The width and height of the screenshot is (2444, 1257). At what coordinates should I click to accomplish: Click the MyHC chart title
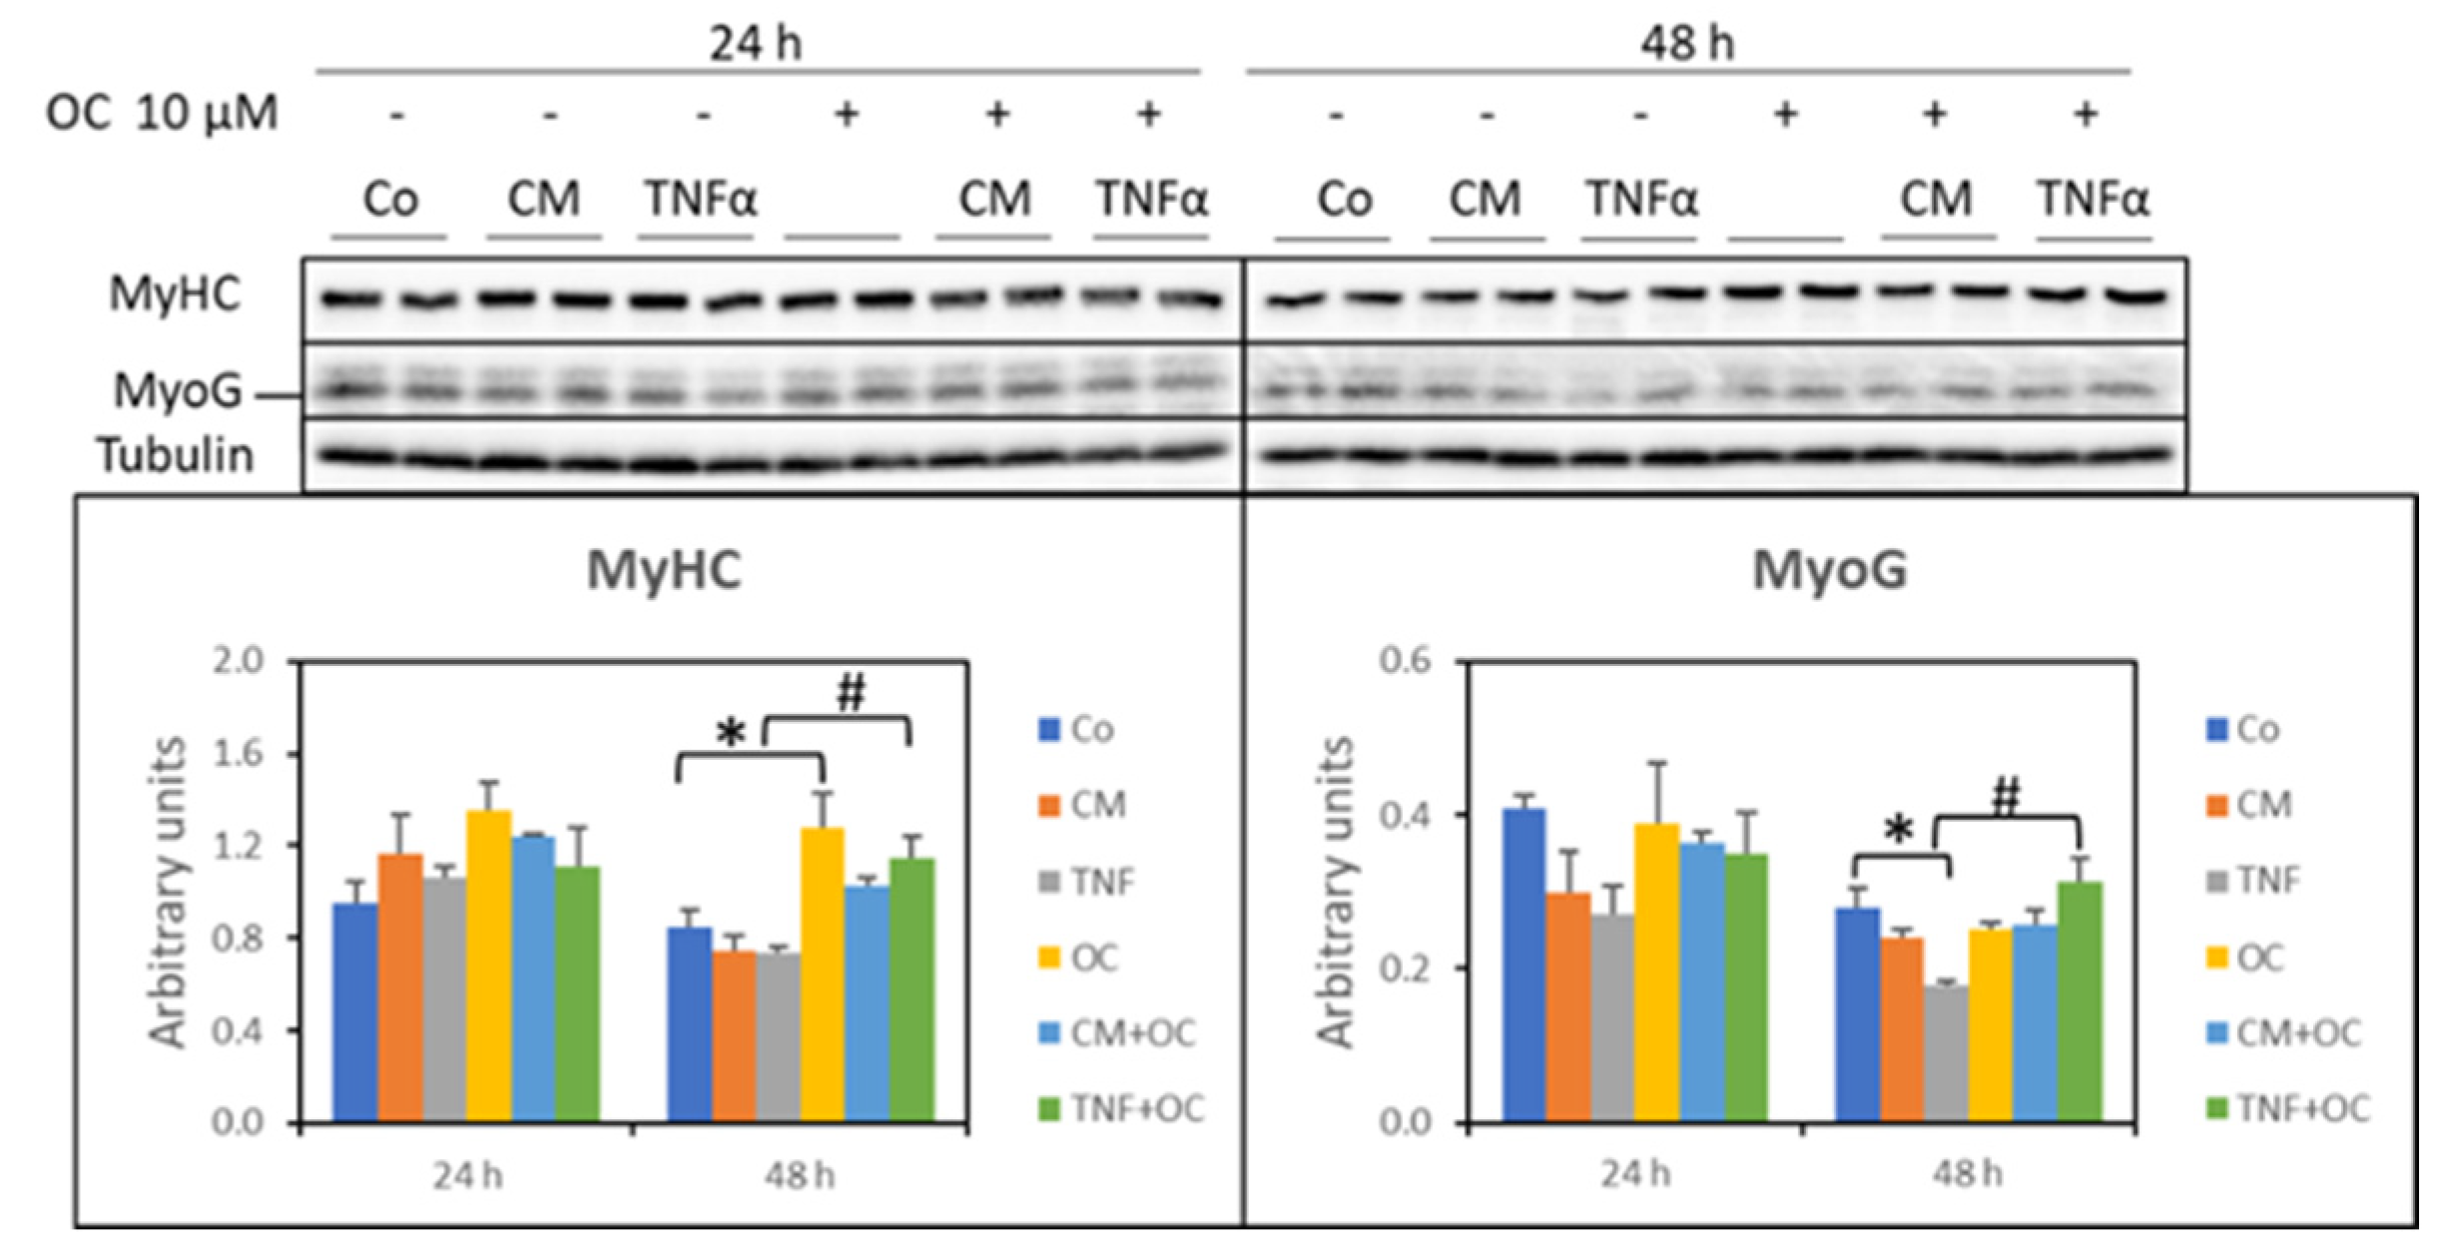coord(664,571)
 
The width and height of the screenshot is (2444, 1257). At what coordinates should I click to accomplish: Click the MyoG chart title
coord(1830,571)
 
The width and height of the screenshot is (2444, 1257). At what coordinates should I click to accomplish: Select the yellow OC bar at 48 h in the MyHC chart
coord(822,974)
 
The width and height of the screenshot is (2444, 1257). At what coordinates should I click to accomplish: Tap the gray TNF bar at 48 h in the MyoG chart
coord(1946,1053)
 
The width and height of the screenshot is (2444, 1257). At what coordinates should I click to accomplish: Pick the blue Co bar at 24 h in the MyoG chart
coord(1524,964)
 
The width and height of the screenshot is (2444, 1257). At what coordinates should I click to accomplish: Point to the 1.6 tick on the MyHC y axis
coord(239,754)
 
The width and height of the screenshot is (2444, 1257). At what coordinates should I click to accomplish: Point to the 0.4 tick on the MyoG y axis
coord(1404,815)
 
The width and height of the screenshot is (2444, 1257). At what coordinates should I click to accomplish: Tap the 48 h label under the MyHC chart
coord(800,1176)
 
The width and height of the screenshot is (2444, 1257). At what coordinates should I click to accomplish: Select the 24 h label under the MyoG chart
coord(1634,1174)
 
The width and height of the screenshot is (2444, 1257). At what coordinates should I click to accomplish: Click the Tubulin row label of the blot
coord(176,455)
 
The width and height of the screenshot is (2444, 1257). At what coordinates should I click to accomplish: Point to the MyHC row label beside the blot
coord(176,295)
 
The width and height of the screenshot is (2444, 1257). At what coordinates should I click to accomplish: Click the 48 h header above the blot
coord(1687,44)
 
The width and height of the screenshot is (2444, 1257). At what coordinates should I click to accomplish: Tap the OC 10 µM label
coord(162,113)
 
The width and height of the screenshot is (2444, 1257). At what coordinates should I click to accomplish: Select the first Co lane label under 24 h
coord(389,200)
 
